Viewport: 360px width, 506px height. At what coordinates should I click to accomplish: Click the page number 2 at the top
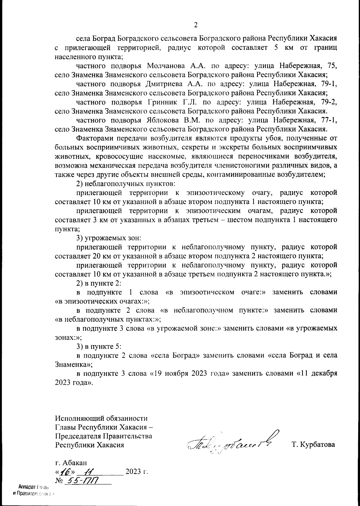coord(196,25)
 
